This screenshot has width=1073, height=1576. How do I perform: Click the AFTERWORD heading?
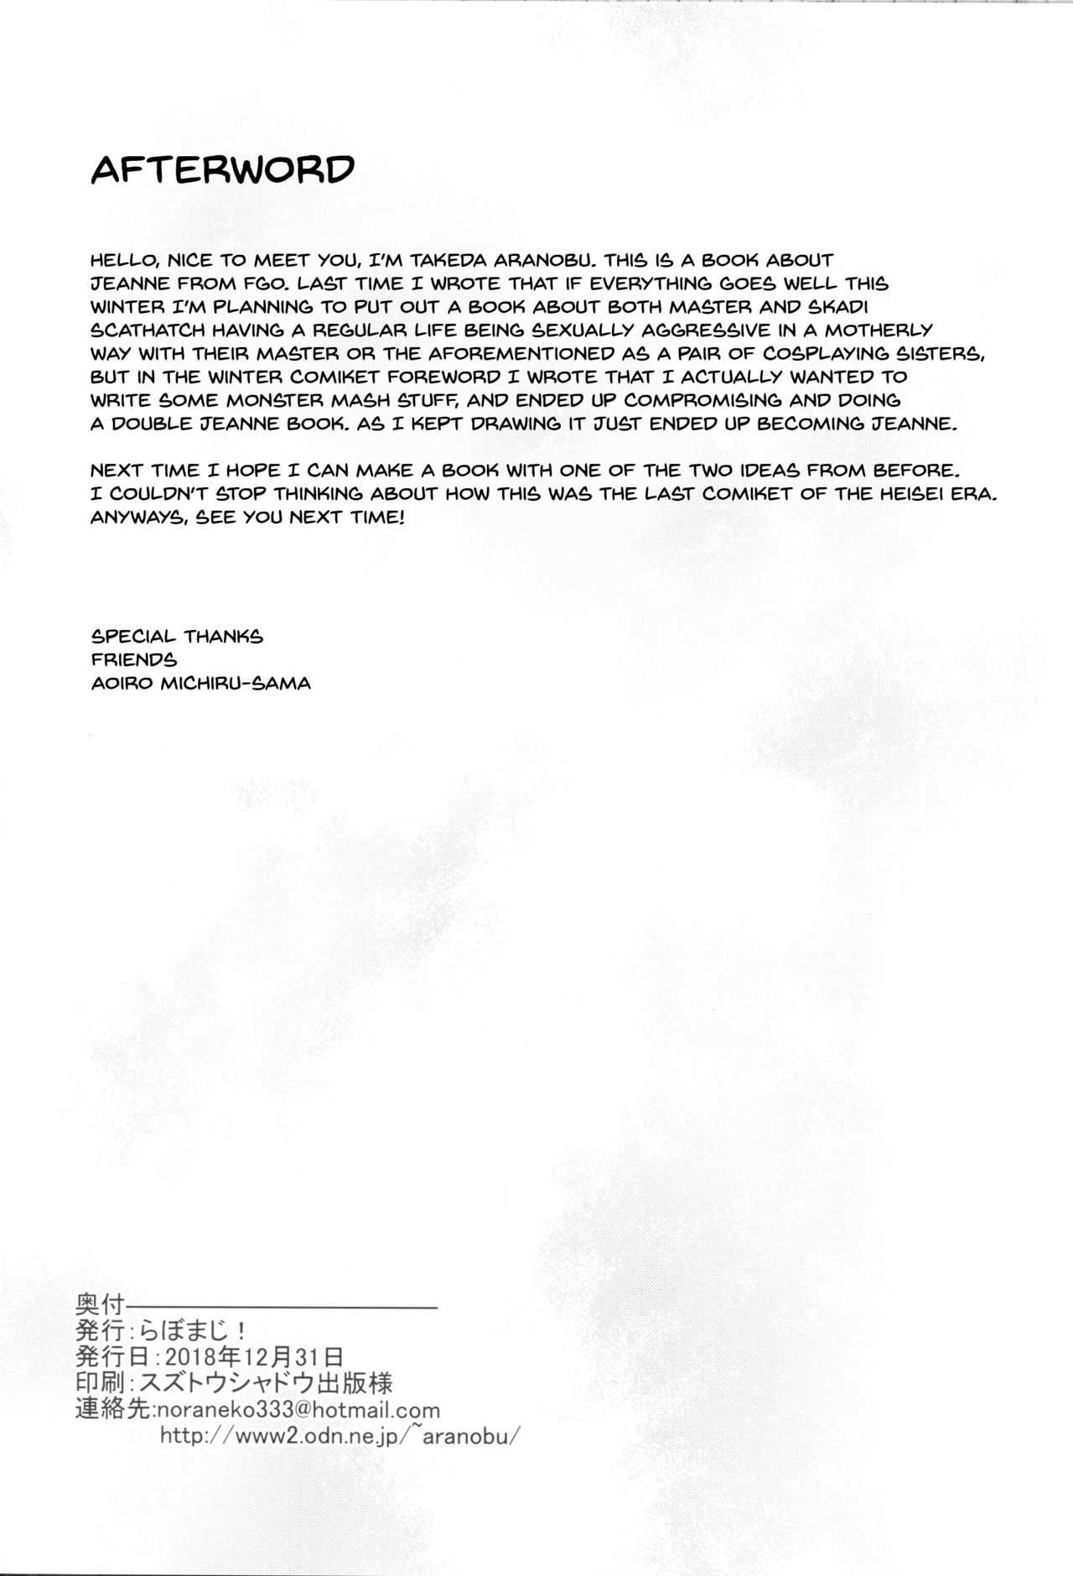tap(222, 169)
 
